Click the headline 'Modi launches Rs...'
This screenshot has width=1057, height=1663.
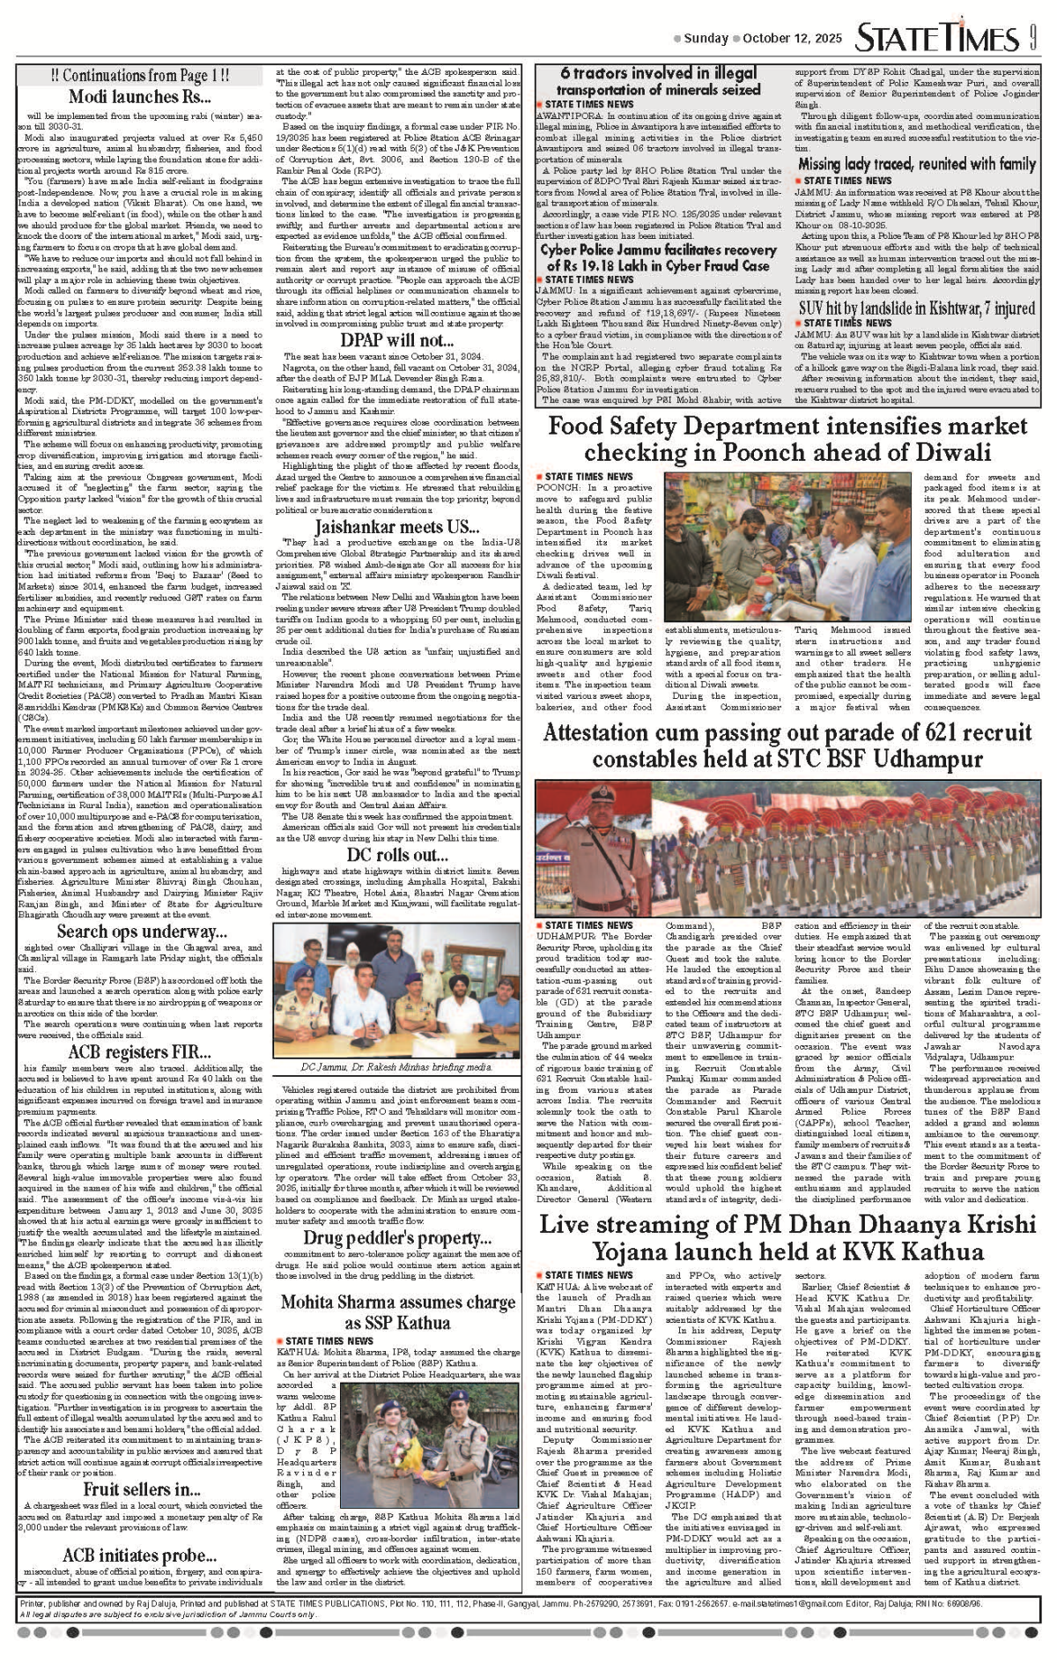140,97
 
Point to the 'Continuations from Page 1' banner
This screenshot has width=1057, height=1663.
140,76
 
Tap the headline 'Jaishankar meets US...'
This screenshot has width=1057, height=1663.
397,527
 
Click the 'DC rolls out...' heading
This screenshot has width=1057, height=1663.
397,854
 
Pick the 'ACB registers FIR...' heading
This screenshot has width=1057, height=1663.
140,1052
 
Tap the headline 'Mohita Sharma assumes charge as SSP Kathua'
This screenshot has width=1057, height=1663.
397,1311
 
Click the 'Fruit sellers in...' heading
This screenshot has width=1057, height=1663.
140,1489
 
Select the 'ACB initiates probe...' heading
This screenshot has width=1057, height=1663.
140,1555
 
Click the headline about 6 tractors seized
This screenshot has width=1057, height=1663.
658,81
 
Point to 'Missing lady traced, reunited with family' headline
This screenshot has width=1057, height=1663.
917,164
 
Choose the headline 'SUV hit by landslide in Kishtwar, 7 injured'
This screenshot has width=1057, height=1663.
917,308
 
